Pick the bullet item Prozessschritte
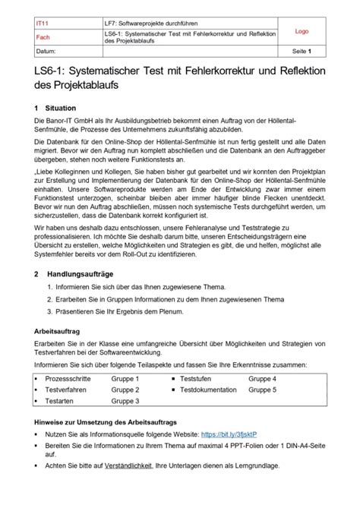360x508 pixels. (68, 378)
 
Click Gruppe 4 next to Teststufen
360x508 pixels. (263, 378)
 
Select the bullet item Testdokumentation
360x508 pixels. (210, 390)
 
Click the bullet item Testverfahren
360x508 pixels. (66, 390)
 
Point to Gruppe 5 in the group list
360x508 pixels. (263, 390)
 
